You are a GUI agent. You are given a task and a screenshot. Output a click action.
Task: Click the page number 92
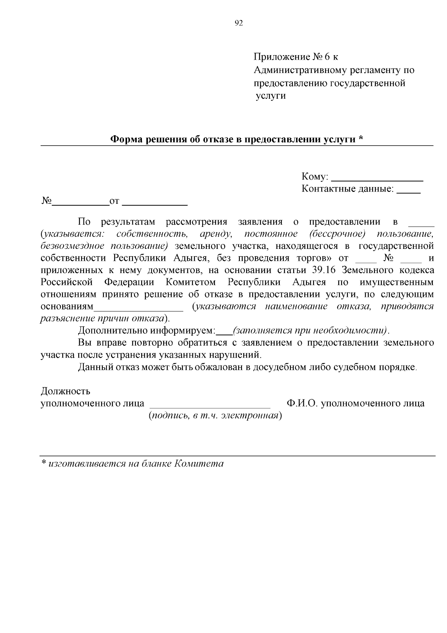(239, 23)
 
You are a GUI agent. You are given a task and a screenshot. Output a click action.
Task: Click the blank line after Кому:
(377, 180)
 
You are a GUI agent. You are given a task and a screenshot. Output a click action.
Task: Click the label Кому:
(315, 177)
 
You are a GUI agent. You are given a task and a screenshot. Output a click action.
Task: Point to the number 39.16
(324, 270)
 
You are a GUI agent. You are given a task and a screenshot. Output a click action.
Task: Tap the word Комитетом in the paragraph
(191, 282)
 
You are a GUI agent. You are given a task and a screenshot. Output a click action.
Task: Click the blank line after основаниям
(139, 310)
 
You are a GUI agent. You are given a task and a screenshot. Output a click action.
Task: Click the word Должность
(65, 391)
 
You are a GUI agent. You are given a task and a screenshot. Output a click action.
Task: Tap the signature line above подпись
(209, 408)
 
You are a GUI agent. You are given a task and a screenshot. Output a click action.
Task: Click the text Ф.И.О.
(302, 403)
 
